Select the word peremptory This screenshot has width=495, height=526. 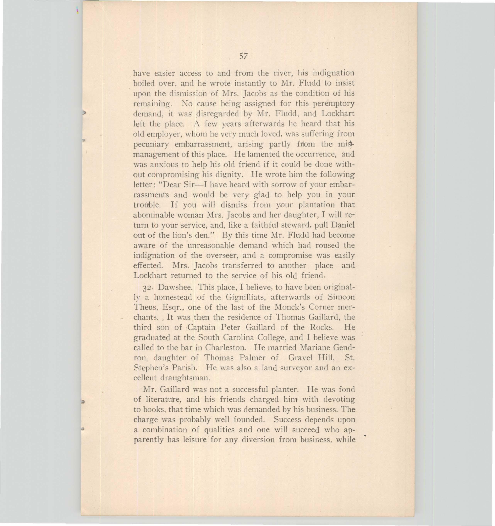click(334, 103)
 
